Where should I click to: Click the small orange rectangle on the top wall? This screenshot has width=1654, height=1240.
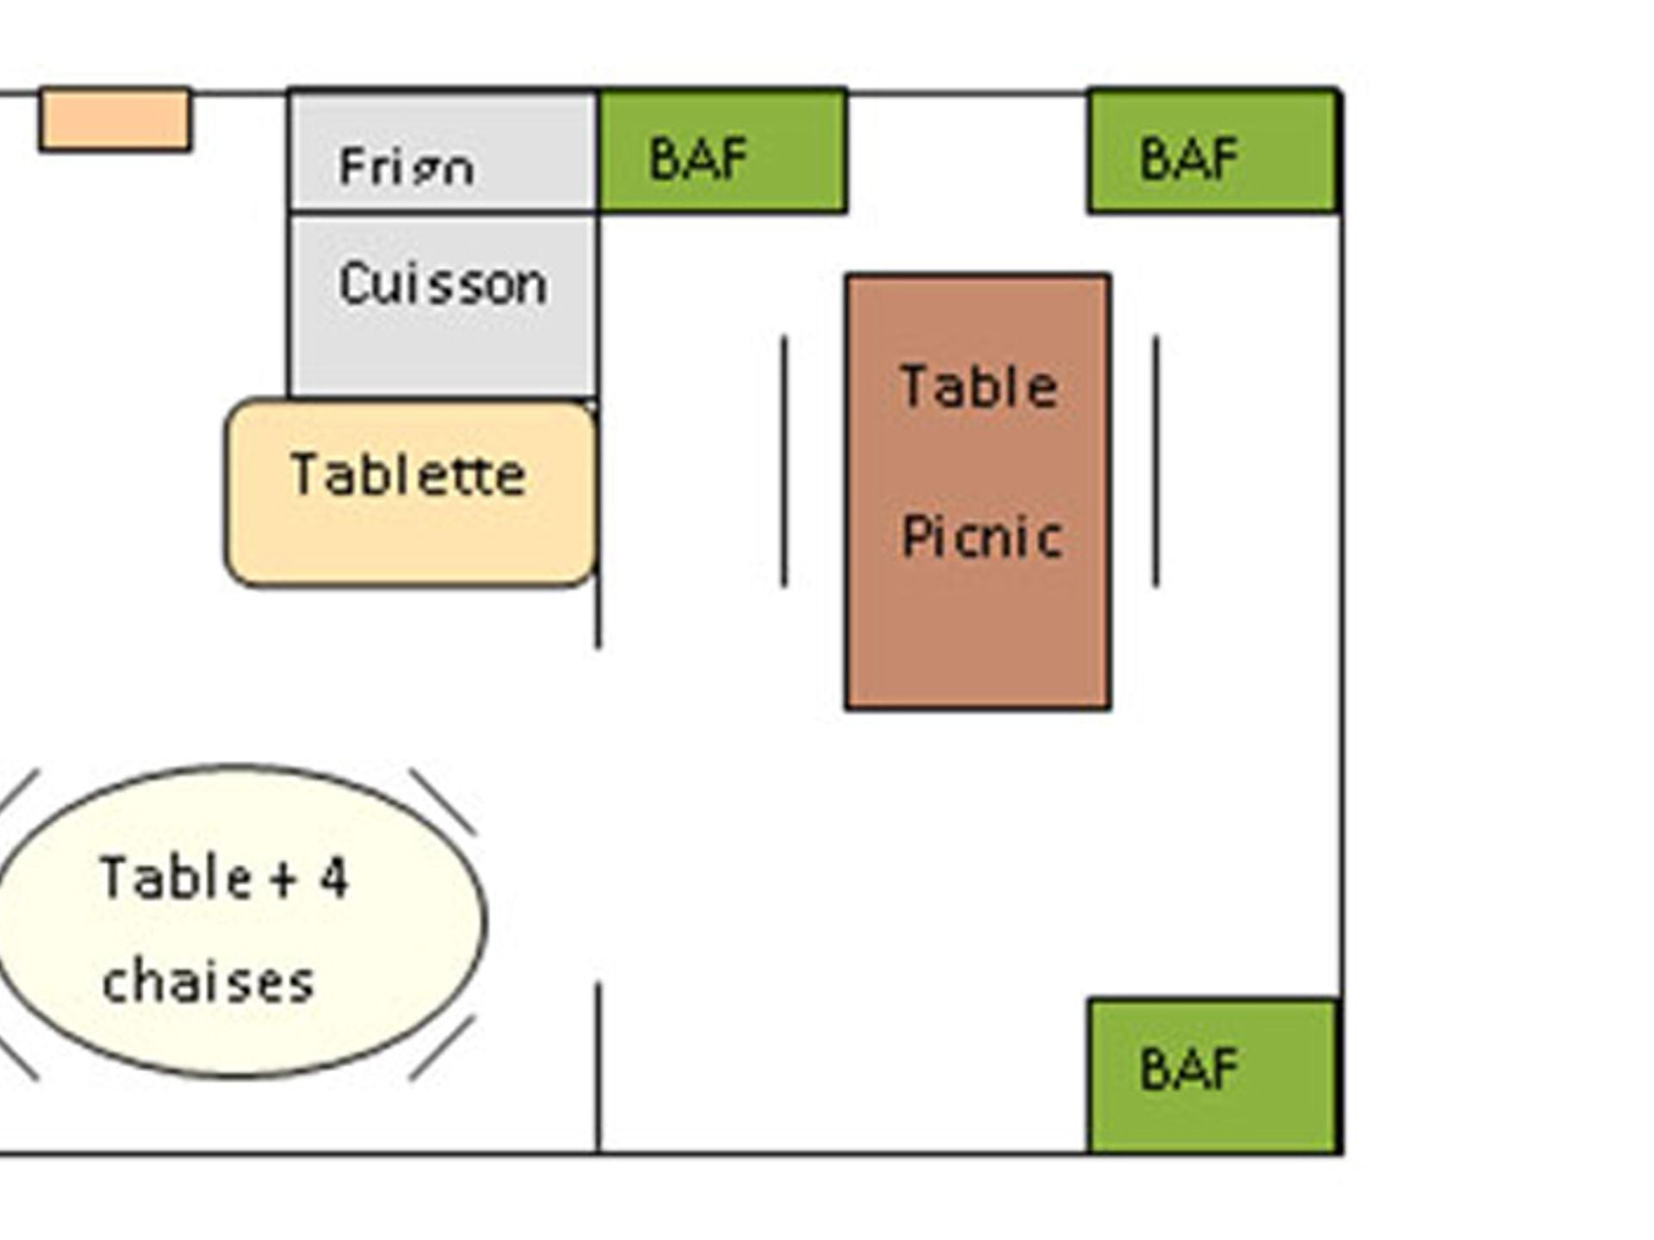(x=115, y=120)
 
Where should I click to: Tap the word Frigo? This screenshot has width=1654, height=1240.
(x=406, y=165)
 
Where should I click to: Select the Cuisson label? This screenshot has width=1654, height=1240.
(x=443, y=284)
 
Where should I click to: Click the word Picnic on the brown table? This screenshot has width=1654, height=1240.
(x=980, y=537)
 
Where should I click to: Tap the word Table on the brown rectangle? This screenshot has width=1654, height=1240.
(x=979, y=386)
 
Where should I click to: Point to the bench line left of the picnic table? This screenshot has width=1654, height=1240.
(x=784, y=462)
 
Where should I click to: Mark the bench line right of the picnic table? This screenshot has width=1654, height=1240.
(x=1156, y=462)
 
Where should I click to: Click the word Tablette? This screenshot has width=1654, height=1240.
(x=408, y=474)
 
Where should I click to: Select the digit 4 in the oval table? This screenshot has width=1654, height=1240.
(x=333, y=879)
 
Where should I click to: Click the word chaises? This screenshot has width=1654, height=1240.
(x=208, y=983)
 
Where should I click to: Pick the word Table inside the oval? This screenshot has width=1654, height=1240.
(x=176, y=878)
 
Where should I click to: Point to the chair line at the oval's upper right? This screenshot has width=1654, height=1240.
(x=442, y=801)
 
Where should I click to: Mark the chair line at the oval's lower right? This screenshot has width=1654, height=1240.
(x=442, y=1047)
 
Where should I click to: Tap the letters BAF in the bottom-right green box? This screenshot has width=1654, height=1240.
(x=1189, y=1069)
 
